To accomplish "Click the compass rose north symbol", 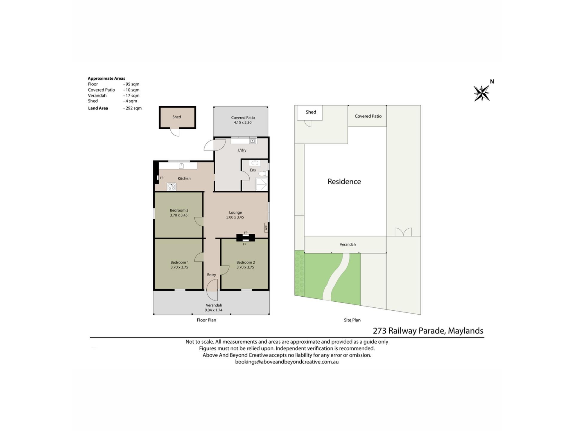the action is (x=482, y=93).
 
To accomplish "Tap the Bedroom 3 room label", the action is (x=179, y=210).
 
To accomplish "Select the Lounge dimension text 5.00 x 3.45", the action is (x=235, y=217).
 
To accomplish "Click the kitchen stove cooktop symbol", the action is (x=172, y=187).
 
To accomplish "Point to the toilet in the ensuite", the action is (x=263, y=174).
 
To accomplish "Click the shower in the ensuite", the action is (x=262, y=184).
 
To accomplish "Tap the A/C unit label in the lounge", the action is (x=266, y=227).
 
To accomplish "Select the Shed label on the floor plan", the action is (x=177, y=117).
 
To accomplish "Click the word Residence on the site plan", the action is (x=344, y=181).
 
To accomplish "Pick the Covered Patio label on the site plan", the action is (x=368, y=116).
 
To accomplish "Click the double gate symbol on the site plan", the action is (x=403, y=232).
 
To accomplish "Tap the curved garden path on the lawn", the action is (x=337, y=277).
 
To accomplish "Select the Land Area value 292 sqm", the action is (x=133, y=108).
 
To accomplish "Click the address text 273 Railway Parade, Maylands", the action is (x=428, y=331).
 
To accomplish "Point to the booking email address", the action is (x=287, y=362).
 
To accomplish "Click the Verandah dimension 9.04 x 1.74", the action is (x=213, y=310).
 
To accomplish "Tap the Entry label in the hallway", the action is (x=211, y=275).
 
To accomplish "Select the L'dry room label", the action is (x=242, y=150).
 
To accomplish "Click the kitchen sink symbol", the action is (x=181, y=166).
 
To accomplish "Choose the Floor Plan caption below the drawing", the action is (x=206, y=320).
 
